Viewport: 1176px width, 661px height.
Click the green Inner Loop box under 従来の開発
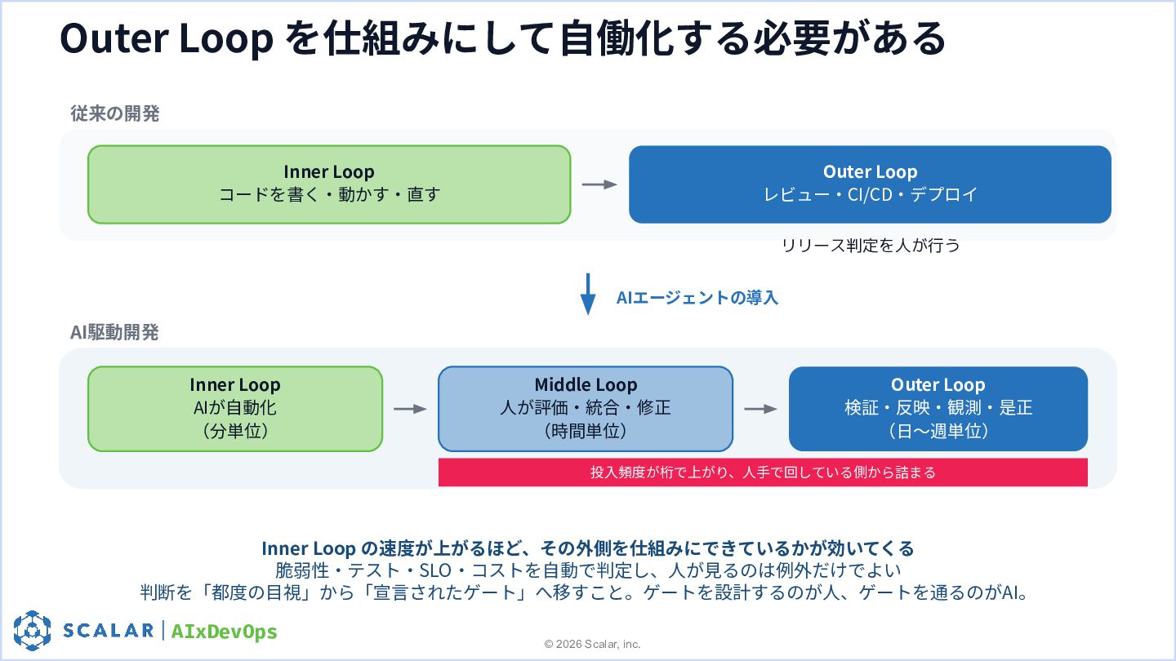329,184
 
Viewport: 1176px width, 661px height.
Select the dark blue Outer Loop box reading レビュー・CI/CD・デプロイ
870,184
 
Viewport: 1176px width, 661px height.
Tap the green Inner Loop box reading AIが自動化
235,409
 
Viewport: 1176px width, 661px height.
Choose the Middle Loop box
586,409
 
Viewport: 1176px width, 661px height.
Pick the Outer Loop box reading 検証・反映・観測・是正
938,409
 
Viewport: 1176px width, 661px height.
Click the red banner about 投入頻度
763,472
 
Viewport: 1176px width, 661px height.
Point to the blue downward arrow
588,294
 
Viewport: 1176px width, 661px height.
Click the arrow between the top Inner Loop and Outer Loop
599,184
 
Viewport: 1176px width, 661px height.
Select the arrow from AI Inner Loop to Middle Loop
410,409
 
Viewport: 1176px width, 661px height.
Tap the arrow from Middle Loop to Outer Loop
761,409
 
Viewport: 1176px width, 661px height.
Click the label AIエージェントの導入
697,297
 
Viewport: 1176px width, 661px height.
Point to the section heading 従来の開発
115,113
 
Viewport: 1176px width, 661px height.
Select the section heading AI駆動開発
114,332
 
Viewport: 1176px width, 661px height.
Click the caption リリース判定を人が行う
871,245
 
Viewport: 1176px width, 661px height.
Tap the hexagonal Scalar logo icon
32,630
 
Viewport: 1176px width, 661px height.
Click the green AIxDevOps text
224,631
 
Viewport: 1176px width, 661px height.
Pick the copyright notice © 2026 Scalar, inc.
592,644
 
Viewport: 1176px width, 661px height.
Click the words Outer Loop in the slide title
167,38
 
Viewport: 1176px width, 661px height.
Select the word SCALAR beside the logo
108,630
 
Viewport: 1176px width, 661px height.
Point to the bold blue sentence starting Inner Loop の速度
588,548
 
